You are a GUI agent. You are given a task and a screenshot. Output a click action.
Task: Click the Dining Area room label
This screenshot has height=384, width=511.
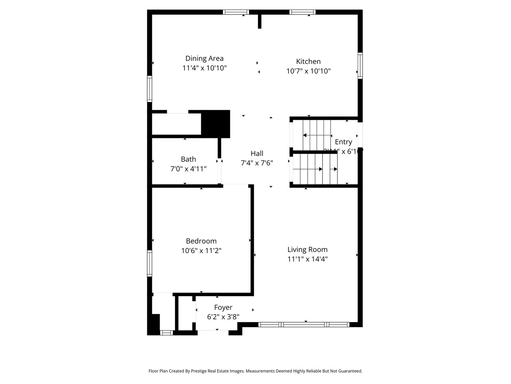[204, 58]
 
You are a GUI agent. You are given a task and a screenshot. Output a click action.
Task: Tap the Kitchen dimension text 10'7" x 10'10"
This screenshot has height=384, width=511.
[308, 71]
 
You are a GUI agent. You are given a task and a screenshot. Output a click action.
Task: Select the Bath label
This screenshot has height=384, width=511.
[188, 159]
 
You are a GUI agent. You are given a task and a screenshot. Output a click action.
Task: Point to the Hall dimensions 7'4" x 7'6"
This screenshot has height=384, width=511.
[257, 163]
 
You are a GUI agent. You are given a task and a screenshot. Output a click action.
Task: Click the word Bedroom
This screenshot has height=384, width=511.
[201, 241]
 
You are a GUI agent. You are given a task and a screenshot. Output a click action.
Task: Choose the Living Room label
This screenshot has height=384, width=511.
[307, 250]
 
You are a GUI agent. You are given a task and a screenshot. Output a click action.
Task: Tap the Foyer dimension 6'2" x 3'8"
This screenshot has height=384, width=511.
[223, 316]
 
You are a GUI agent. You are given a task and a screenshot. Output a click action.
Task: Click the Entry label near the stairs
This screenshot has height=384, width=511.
[343, 142]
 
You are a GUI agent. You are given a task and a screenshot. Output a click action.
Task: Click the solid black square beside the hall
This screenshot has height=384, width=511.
[216, 124]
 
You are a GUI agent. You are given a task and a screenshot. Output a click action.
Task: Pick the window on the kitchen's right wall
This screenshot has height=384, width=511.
[360, 65]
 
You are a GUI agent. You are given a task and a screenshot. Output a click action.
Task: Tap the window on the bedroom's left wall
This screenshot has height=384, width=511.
[150, 263]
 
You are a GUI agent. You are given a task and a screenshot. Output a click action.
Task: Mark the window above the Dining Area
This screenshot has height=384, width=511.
[236, 12]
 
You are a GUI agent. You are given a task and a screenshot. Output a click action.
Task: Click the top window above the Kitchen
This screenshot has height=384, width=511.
[302, 12]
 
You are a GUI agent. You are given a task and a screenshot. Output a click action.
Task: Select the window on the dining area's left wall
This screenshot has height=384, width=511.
[150, 89]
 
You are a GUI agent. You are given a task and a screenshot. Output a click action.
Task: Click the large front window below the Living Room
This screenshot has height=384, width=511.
[304, 324]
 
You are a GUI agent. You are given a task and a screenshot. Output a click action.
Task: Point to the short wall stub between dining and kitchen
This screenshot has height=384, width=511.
[260, 21]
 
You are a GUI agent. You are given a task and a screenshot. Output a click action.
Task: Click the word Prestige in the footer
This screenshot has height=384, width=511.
[200, 371]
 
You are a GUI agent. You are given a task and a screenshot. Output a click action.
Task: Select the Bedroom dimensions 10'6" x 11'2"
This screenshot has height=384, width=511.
[201, 251]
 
